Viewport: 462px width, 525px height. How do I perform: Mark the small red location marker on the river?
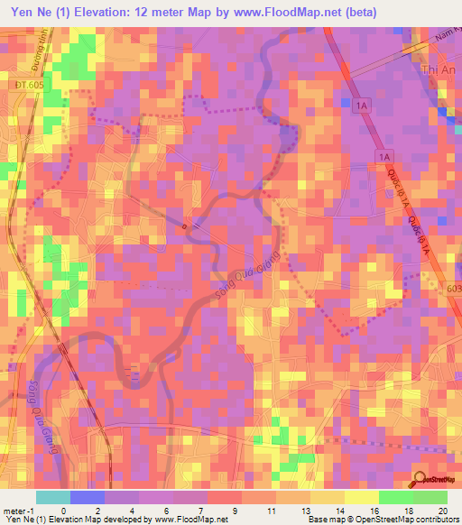pyautogui.click(x=185, y=226)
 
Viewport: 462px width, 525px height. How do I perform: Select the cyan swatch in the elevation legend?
pyautogui.click(x=52, y=497)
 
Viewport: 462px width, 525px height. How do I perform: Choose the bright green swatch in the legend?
pyautogui.click(x=395, y=497)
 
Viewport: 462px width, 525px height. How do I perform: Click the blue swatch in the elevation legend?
pyautogui.click(x=87, y=497)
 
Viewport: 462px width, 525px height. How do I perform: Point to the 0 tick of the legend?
pyautogui.click(x=64, y=510)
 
